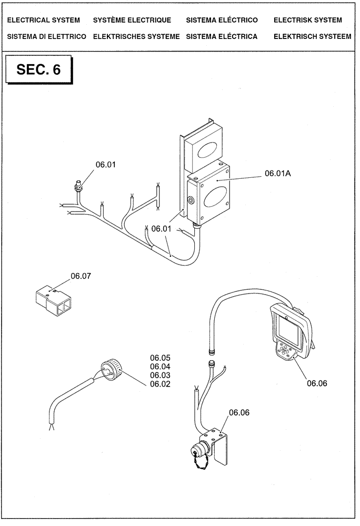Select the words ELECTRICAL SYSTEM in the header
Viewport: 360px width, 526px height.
[x=44, y=20]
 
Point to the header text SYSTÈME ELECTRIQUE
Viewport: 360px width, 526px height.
[x=132, y=20]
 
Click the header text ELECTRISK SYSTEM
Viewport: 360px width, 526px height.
[x=308, y=20]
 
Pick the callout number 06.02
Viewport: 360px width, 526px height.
[x=161, y=384]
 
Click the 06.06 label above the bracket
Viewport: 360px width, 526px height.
[x=239, y=413]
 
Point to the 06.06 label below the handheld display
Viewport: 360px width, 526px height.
[x=317, y=383]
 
